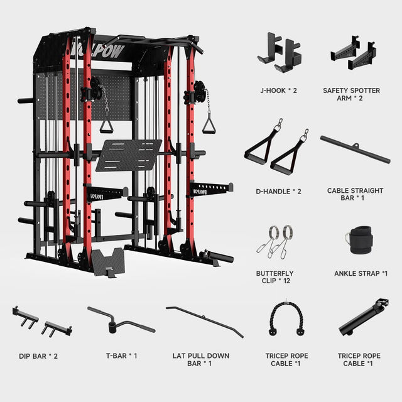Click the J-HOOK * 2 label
pos(278,90)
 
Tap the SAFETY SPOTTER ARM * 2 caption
pos(351,94)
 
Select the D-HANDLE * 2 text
pos(278,191)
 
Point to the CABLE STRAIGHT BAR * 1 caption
pos(355,194)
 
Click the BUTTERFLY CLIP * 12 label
pos(275,277)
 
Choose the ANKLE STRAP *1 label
pos(361,274)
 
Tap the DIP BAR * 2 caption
pos(38,356)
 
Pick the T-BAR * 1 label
pos(121,356)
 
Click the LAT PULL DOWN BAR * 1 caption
pos(201,359)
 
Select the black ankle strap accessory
pos(359,240)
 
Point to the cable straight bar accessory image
pos(356,149)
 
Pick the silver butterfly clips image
pos(274,242)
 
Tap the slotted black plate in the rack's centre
pos(129,155)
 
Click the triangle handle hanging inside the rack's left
pos(106,126)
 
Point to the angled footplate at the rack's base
pos(107,261)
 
